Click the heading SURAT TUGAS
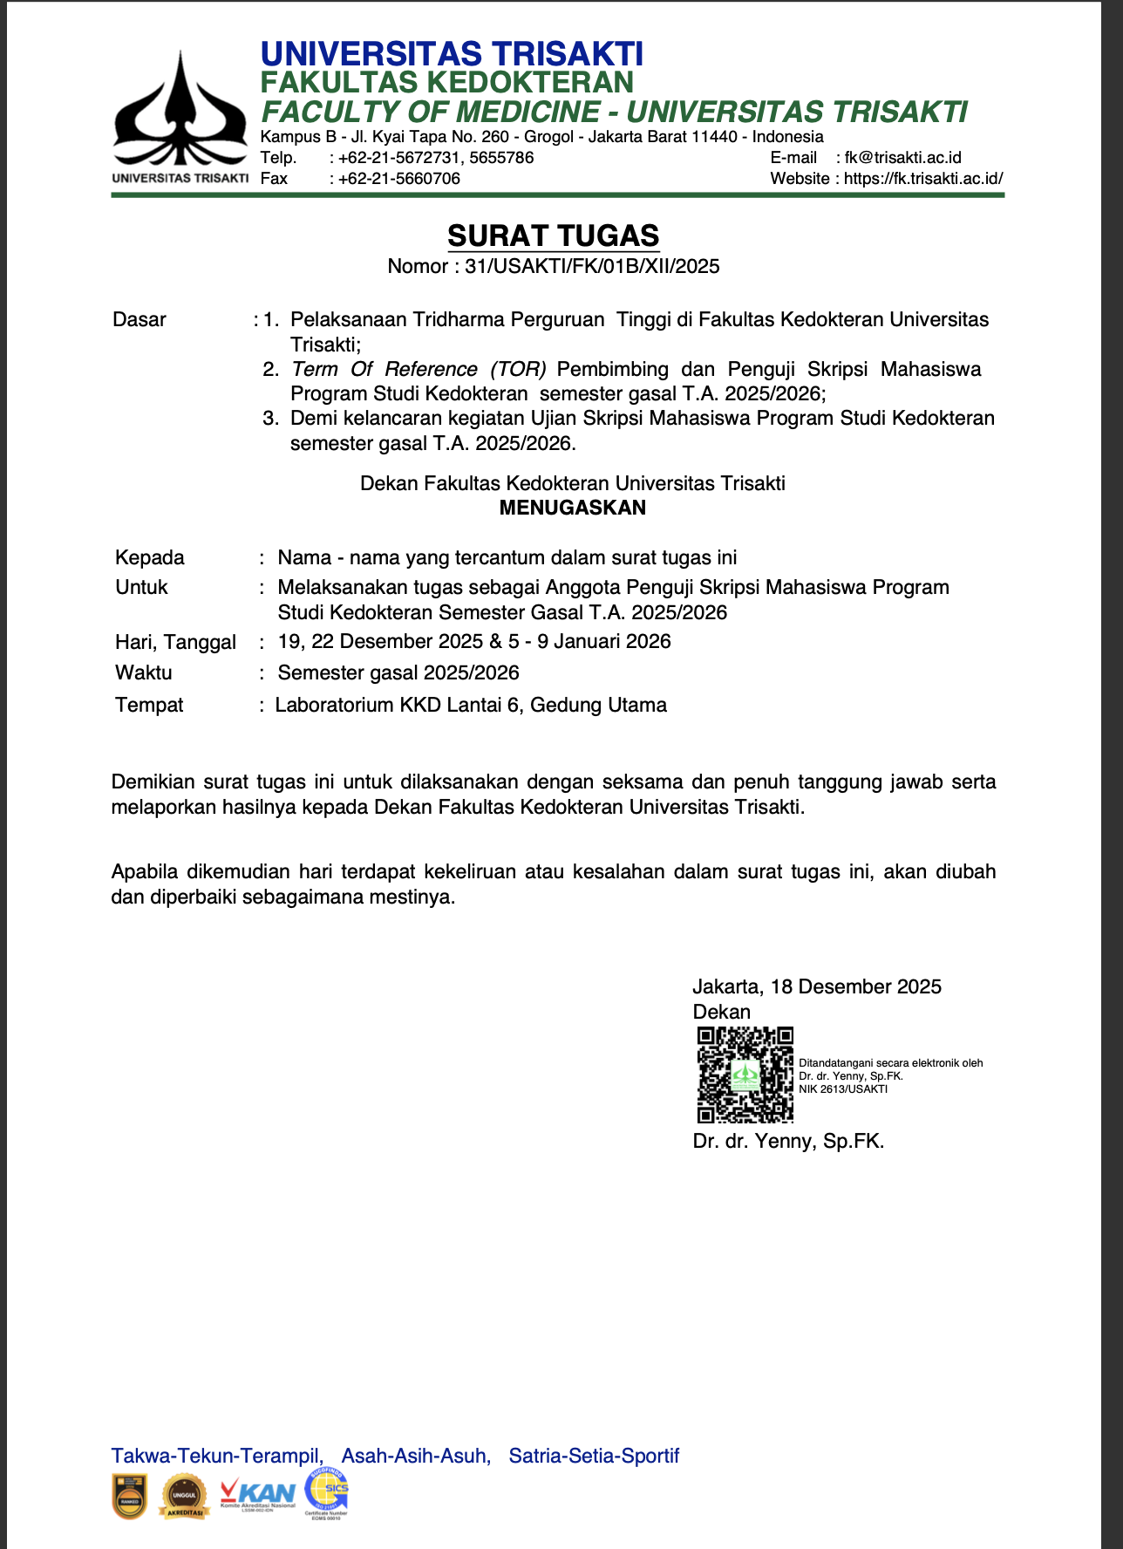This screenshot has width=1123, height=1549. (x=553, y=236)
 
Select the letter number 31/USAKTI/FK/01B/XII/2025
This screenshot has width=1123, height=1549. (x=592, y=267)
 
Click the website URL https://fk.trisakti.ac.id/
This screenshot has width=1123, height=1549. (x=923, y=179)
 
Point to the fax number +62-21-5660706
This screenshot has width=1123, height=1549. (x=398, y=179)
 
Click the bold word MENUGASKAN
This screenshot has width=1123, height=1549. (x=572, y=508)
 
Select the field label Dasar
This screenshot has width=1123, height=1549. (x=140, y=319)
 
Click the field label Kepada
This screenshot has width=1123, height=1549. (x=150, y=557)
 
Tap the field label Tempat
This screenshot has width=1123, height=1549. (x=149, y=705)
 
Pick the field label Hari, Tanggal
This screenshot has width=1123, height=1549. (x=175, y=642)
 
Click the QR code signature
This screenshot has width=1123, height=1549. (x=745, y=1075)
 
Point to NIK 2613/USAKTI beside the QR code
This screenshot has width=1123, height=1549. (x=843, y=1089)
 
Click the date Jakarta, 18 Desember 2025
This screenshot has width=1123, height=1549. (x=817, y=986)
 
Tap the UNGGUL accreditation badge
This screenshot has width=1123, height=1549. (x=185, y=1496)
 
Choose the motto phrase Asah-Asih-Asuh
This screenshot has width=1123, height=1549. (x=415, y=1456)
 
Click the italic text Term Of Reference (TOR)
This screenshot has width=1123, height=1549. (x=419, y=369)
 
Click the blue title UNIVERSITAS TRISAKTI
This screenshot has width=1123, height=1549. (x=452, y=54)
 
